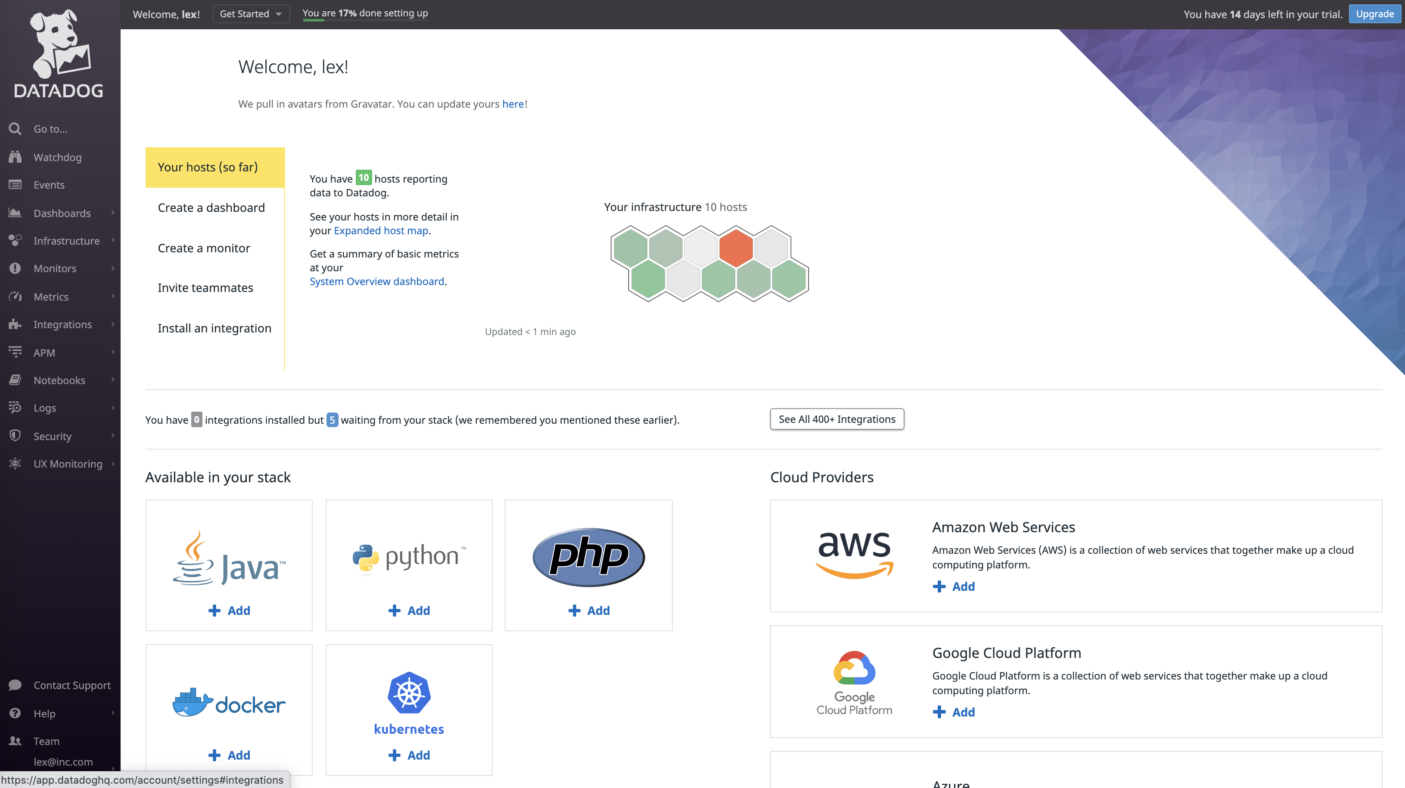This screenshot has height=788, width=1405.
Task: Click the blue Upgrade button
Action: pos(1374,14)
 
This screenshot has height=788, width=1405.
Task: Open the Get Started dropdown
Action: pos(250,14)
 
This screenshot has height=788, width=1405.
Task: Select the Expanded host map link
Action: pos(381,231)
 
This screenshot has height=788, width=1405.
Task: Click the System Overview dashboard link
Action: pos(377,281)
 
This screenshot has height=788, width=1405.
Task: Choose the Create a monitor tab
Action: pos(203,248)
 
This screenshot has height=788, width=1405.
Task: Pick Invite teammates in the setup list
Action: pos(205,288)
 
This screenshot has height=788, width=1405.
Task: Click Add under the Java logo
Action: pos(229,611)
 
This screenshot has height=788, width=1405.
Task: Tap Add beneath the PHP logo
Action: pos(589,611)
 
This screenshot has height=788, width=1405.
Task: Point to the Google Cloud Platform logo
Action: pos(854,682)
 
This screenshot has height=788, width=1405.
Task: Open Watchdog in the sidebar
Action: pos(57,158)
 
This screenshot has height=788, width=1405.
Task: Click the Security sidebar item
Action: pos(53,436)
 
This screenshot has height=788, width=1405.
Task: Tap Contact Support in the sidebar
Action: pos(71,686)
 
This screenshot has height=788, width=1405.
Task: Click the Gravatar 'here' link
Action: pos(513,104)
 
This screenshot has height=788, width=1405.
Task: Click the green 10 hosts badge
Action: pos(363,178)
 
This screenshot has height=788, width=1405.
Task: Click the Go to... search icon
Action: pos(15,129)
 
